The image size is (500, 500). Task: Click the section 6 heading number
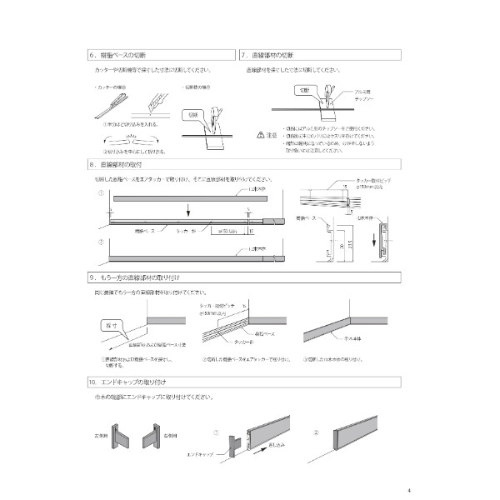click(92, 56)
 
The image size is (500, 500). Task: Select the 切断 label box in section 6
click(193, 114)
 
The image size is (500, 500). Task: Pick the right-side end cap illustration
click(154, 436)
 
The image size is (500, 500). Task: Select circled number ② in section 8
click(101, 243)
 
